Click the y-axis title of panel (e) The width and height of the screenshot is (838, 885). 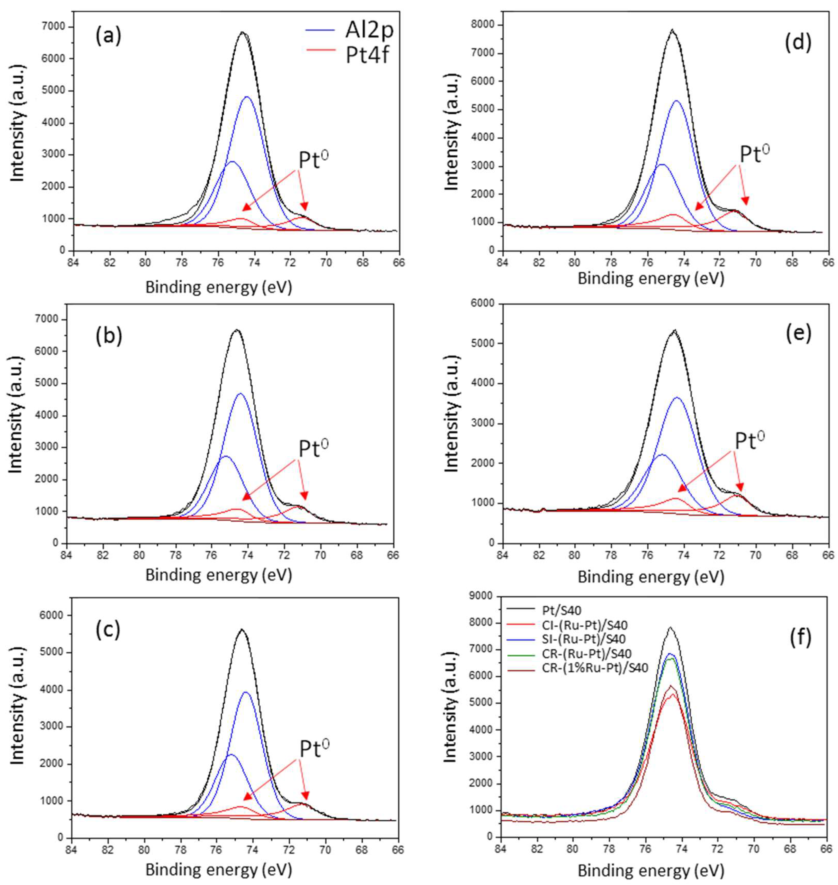click(x=452, y=423)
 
